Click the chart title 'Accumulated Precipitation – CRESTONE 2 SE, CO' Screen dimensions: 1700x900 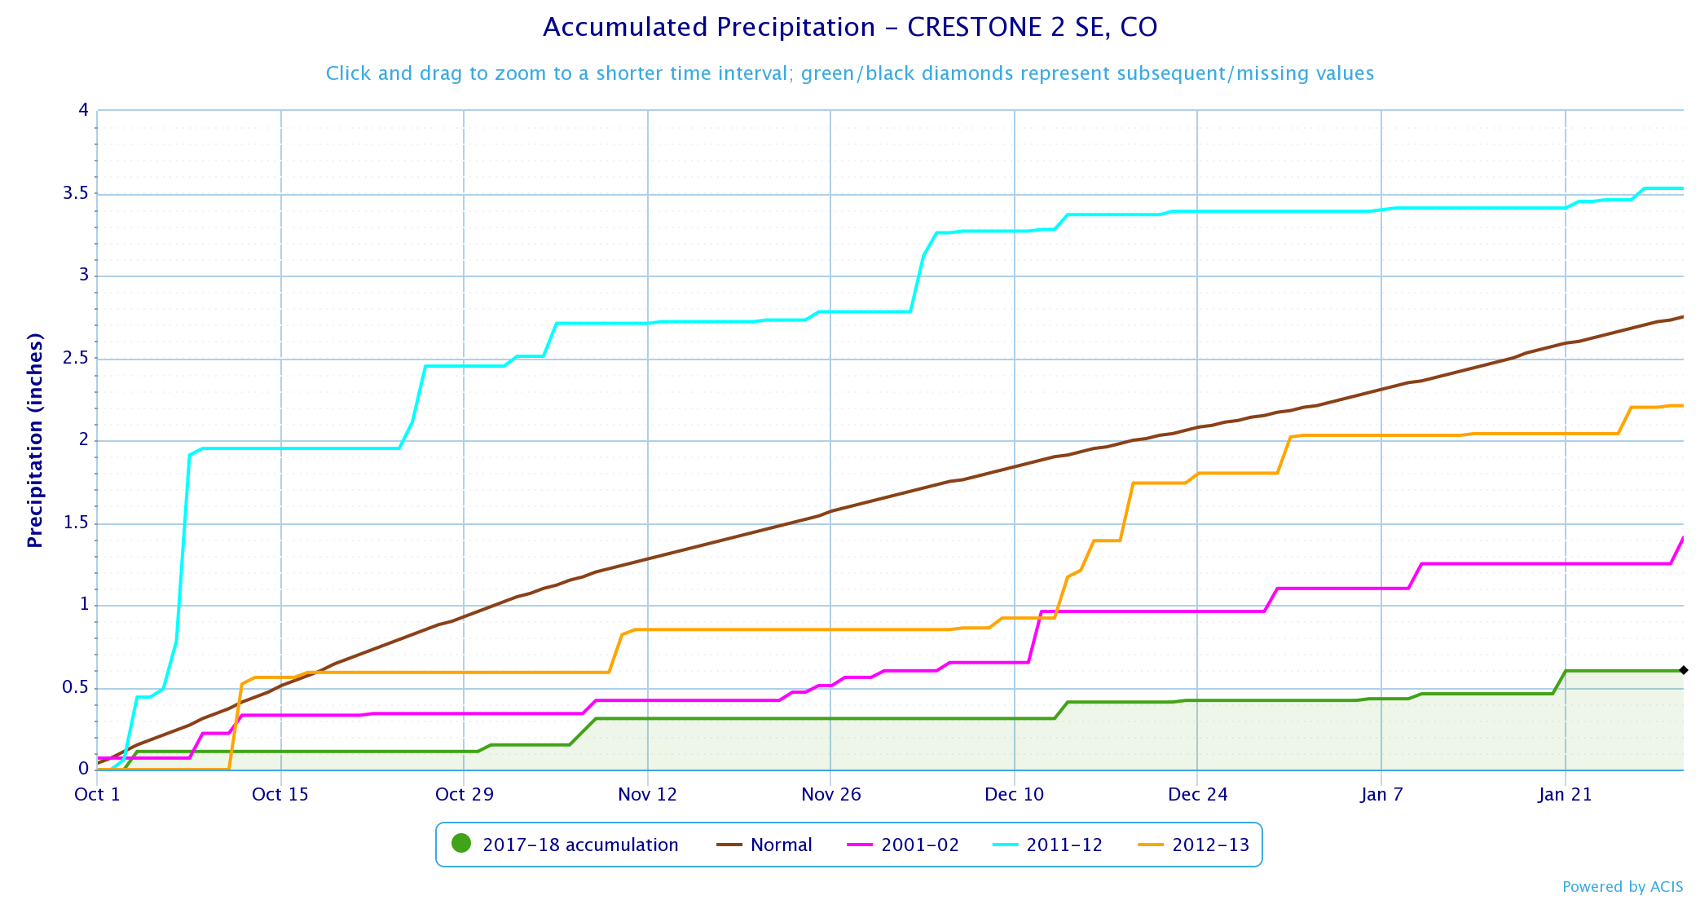(x=850, y=27)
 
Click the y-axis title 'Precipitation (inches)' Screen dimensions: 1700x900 (x=34, y=440)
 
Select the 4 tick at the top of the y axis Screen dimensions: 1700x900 (x=84, y=109)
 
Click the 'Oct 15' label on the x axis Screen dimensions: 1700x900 (x=280, y=794)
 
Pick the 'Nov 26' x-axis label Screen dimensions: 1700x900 (x=831, y=794)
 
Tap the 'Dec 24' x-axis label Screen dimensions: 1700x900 (x=1198, y=794)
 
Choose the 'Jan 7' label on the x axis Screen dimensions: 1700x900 (x=1381, y=794)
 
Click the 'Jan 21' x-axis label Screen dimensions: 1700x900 (x=1566, y=794)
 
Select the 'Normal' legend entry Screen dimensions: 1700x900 (x=764, y=845)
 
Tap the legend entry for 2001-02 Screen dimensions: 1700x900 (x=903, y=845)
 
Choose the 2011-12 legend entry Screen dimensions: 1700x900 (x=1047, y=845)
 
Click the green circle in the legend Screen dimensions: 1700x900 (x=461, y=844)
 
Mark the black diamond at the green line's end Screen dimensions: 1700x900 (x=1684, y=670)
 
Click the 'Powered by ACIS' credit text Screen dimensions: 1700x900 (x=1623, y=886)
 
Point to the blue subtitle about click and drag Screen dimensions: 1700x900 (x=850, y=73)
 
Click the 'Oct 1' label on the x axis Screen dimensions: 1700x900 (x=97, y=794)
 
